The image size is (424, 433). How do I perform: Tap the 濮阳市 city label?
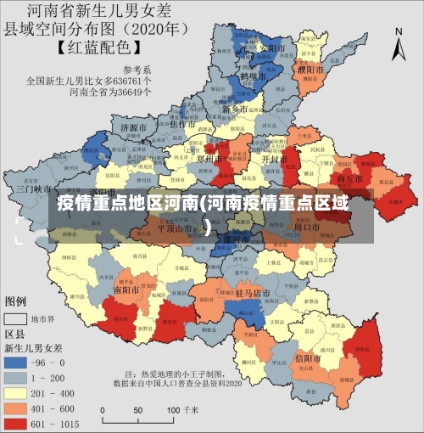pyautogui.click(x=311, y=69)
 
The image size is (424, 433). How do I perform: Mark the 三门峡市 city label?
pyautogui.click(x=35, y=188)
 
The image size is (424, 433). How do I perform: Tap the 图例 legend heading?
pyautogui.click(x=16, y=301)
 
